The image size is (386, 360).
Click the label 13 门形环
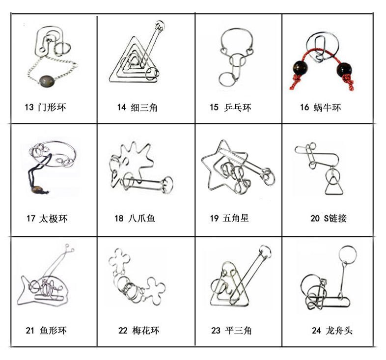pos(45,107)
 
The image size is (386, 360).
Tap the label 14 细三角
pos(137,107)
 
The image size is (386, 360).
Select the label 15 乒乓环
pos(230,108)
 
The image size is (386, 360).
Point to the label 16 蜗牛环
pos(320,108)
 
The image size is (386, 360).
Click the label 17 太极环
pos(47,219)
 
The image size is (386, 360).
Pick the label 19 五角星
pos(229,218)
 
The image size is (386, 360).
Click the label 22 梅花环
pos(139,330)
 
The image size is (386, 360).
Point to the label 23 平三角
pos(231,331)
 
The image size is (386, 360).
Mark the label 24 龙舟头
pos(332,331)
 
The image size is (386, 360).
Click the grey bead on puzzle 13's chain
pos(47,79)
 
